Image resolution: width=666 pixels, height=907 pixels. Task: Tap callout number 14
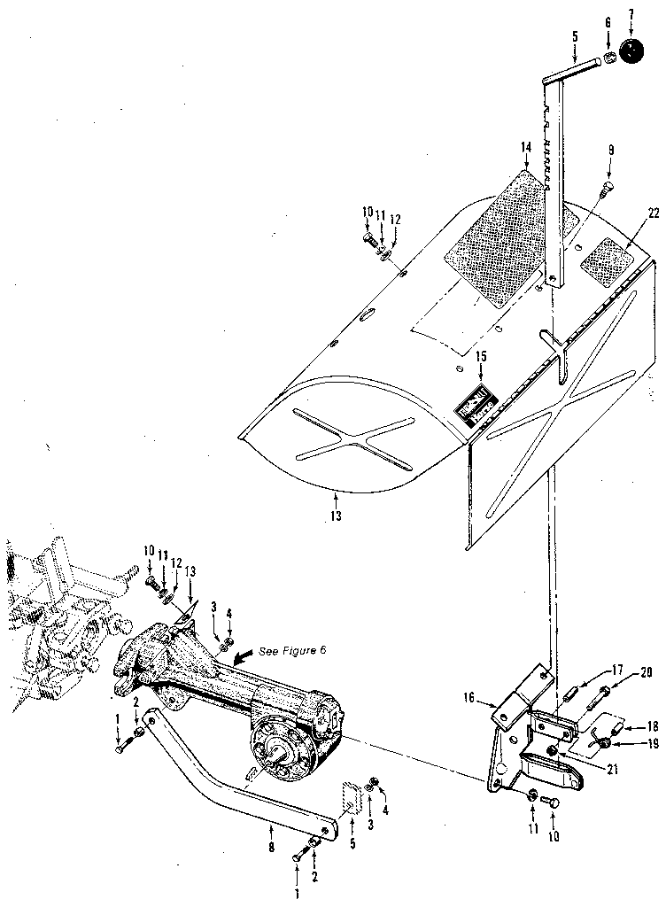(x=525, y=148)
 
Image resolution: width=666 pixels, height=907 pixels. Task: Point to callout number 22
(x=653, y=213)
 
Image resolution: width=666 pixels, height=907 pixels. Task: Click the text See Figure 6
(x=293, y=651)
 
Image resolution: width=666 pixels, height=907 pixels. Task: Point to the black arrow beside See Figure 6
(x=243, y=655)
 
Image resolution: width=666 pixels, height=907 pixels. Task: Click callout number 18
(x=652, y=725)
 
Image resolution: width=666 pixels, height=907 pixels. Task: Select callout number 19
(x=653, y=744)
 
